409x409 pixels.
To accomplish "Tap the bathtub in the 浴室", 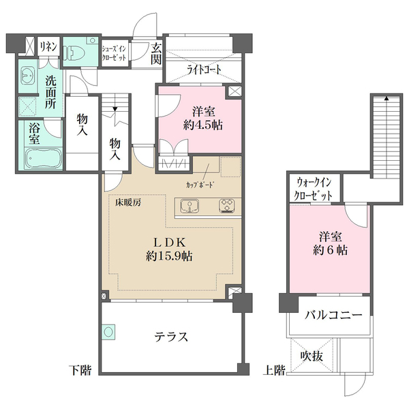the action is click(x=44, y=159).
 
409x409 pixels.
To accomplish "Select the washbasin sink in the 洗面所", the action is click(x=27, y=76).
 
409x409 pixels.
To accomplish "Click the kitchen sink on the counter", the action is click(x=190, y=206).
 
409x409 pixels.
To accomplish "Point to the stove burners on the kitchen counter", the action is click(x=227, y=205).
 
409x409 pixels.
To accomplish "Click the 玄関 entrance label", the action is click(x=155, y=54).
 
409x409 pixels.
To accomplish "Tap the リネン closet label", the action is click(x=48, y=46).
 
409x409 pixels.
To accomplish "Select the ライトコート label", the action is click(x=204, y=70).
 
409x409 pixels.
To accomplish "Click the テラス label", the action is click(x=171, y=337).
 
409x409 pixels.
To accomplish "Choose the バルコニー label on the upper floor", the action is click(x=333, y=315).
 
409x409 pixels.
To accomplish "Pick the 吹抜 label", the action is click(x=312, y=356).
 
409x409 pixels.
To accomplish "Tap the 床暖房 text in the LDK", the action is click(x=128, y=202).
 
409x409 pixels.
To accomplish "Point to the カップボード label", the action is click(x=200, y=185).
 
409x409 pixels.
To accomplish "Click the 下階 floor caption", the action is click(x=80, y=370).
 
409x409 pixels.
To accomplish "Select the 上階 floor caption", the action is click(x=274, y=370).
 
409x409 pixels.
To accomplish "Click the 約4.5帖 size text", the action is click(x=203, y=125).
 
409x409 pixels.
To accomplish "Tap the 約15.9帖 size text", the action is click(x=169, y=256).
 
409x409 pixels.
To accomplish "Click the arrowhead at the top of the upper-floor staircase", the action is click(x=387, y=99).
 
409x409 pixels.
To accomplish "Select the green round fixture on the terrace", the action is click(x=108, y=332).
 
